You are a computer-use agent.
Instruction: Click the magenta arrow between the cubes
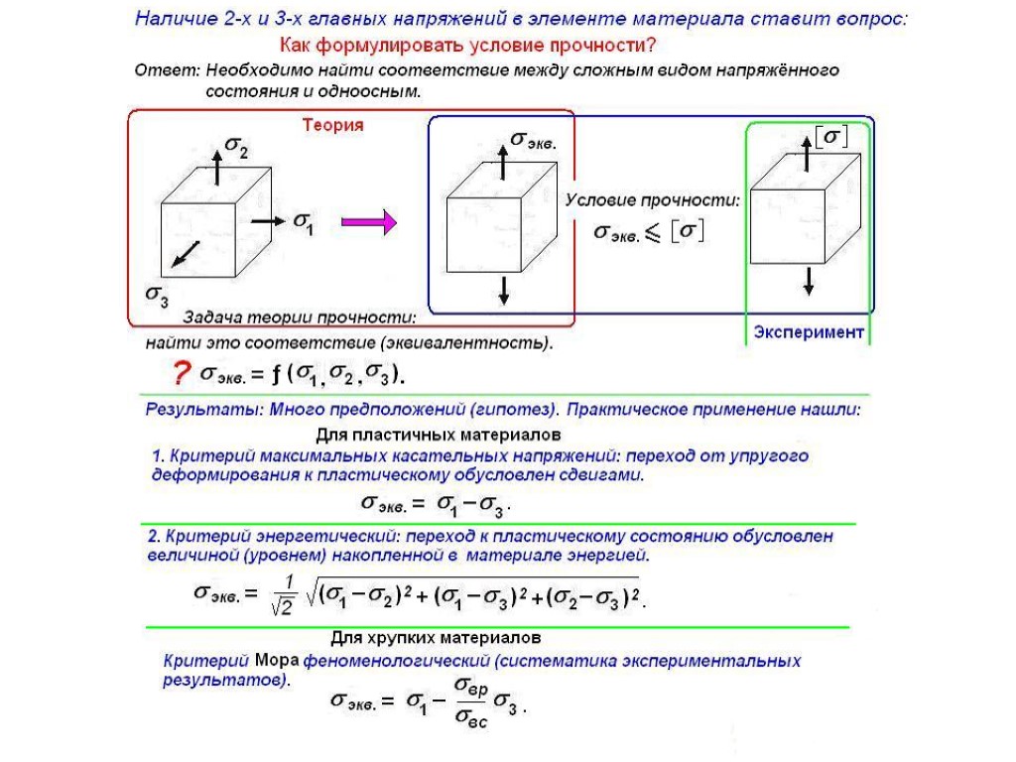(368, 223)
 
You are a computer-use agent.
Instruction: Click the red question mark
(181, 373)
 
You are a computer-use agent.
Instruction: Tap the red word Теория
(332, 126)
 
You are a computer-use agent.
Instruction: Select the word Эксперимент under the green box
(808, 332)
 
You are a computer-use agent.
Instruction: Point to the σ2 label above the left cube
(236, 146)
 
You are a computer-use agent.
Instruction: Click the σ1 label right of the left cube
(304, 223)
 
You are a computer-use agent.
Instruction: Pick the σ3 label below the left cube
(157, 294)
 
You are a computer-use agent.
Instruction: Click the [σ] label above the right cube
(830, 135)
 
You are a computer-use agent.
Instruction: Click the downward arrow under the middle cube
(504, 290)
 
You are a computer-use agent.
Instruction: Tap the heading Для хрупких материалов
(436, 636)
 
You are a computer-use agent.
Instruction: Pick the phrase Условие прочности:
(652, 199)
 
